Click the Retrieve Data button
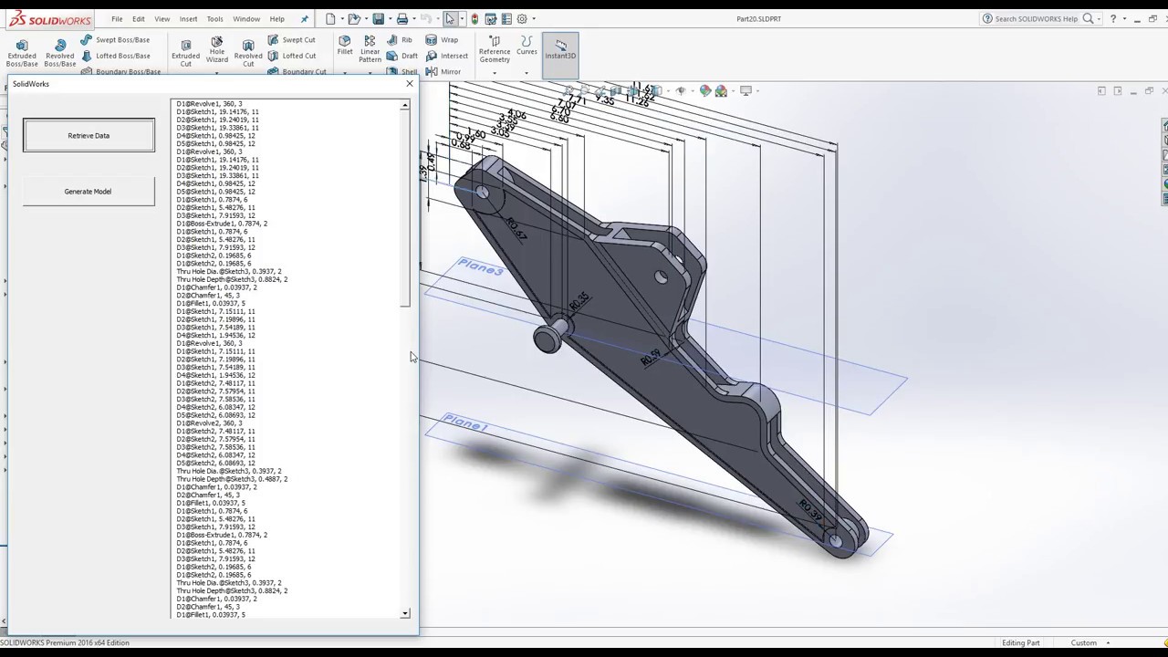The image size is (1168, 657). [x=89, y=136]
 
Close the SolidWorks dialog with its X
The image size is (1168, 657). [x=409, y=84]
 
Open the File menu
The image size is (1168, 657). [x=117, y=19]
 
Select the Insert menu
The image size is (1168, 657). [x=188, y=19]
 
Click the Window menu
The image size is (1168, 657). [x=245, y=19]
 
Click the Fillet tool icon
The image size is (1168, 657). [x=345, y=46]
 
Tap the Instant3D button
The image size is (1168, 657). [x=560, y=48]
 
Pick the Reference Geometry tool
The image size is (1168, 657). [x=495, y=49]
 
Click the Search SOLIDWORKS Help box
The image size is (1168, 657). [x=1035, y=19]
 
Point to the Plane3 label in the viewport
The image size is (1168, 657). [x=480, y=267]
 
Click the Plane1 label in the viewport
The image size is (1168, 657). [x=465, y=424]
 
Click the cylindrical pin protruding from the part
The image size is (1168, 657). [x=547, y=339]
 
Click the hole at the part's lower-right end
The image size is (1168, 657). [x=836, y=541]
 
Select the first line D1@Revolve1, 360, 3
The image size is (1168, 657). [x=209, y=104]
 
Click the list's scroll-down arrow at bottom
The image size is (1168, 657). [x=404, y=614]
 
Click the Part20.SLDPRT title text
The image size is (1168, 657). [x=758, y=19]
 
